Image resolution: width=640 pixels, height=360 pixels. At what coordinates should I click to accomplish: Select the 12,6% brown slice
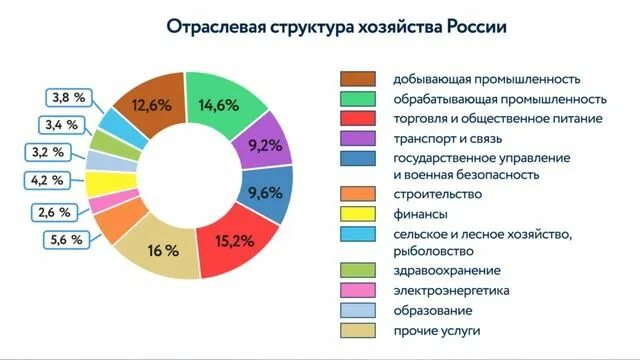click(142, 106)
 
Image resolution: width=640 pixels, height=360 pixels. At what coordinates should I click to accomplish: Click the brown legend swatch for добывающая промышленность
click(358, 79)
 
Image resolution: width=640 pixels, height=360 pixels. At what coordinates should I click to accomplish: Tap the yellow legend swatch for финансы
click(358, 213)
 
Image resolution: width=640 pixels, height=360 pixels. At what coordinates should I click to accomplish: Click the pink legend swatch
click(358, 291)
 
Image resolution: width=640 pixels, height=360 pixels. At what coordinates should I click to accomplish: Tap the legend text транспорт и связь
click(445, 137)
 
